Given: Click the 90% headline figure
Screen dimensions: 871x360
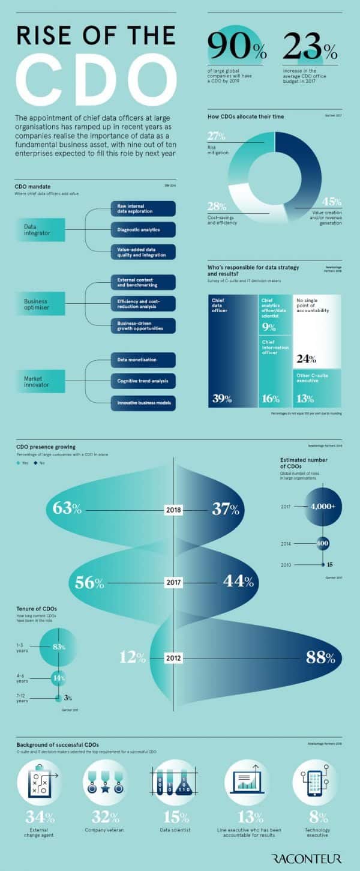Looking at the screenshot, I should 235,47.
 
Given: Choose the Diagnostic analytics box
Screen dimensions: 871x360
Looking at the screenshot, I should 143,229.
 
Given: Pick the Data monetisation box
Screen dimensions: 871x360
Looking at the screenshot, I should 143,360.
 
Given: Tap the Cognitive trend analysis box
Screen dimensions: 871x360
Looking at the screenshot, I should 143,381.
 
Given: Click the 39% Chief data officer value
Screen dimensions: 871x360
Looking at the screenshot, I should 221,397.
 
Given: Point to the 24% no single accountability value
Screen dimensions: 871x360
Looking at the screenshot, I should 306,360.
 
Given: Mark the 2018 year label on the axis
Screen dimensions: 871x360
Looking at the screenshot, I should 173,510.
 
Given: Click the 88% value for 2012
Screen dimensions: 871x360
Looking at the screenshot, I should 320,657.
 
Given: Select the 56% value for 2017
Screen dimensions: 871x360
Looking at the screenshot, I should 90,582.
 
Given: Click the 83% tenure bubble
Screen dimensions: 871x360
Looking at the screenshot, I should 58,646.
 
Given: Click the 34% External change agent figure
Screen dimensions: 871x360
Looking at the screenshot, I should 40,817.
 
